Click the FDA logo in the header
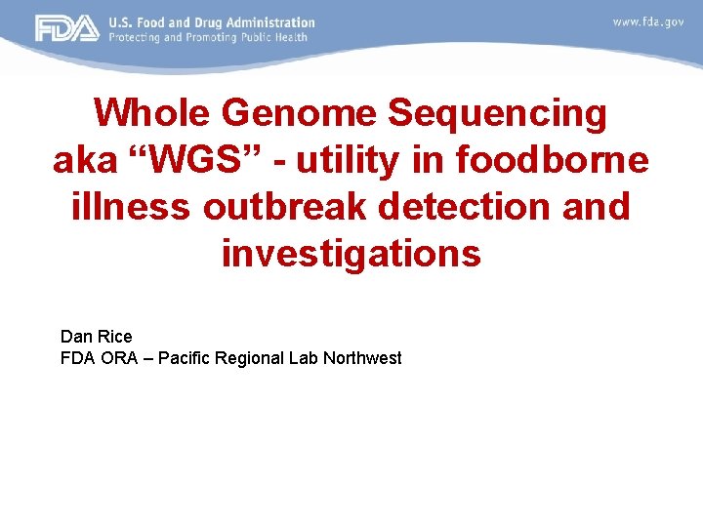click(x=67, y=28)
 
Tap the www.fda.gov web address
click(x=647, y=21)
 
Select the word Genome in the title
click(x=298, y=114)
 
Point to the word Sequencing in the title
click(x=498, y=114)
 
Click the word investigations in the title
click(x=351, y=254)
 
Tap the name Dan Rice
click(x=96, y=338)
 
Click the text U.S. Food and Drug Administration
click(x=212, y=21)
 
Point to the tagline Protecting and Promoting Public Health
click(x=208, y=37)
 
